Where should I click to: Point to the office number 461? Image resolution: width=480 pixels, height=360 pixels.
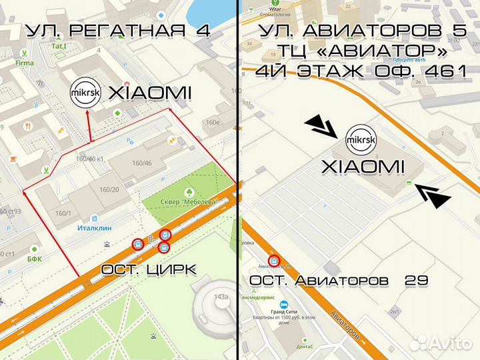pos(443,72)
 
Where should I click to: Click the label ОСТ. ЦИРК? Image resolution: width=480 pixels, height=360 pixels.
pos(149,269)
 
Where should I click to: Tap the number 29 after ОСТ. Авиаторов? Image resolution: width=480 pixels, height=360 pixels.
pos(416,281)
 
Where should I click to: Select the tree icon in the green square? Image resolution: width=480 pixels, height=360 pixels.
pos(198,175)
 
